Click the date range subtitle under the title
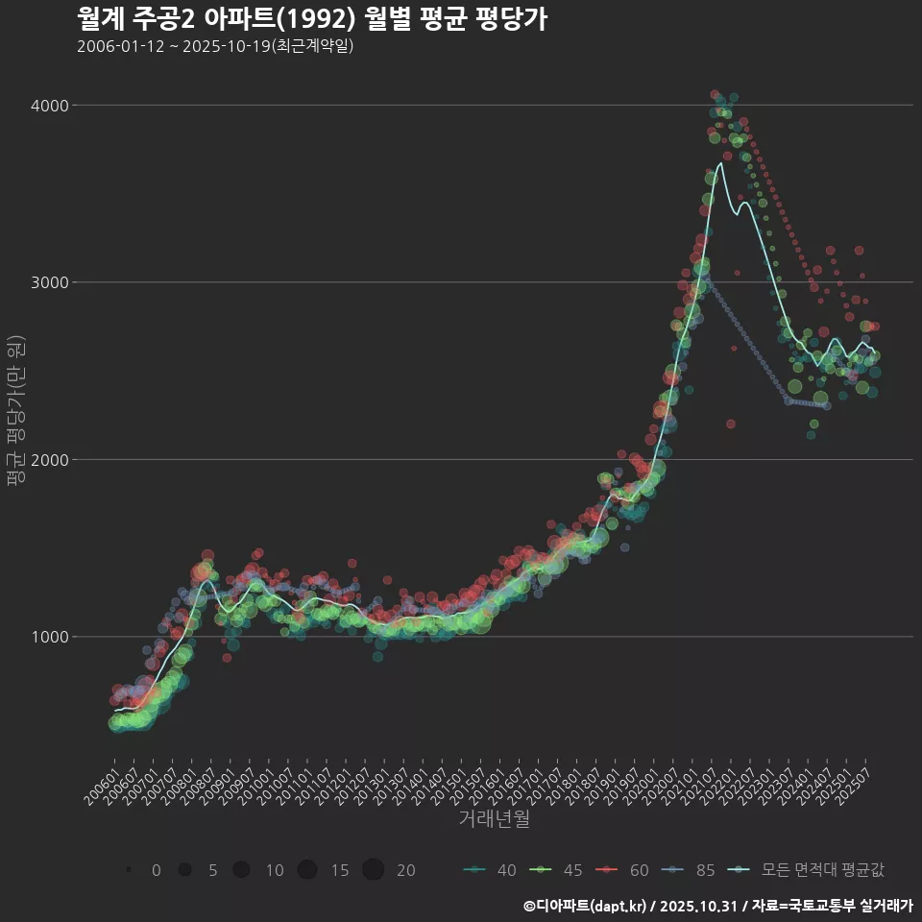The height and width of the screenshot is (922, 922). pyautogui.click(x=215, y=46)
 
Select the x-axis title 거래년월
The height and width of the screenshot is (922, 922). pyautogui.click(x=494, y=819)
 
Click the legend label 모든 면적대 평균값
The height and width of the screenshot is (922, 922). pyautogui.click(x=822, y=870)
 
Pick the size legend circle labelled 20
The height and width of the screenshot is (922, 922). pyautogui.click(x=374, y=870)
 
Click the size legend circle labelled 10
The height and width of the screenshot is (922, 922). pyautogui.click(x=242, y=870)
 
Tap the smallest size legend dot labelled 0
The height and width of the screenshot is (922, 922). pyautogui.click(x=128, y=870)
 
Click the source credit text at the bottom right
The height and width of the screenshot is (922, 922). pyautogui.click(x=717, y=906)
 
